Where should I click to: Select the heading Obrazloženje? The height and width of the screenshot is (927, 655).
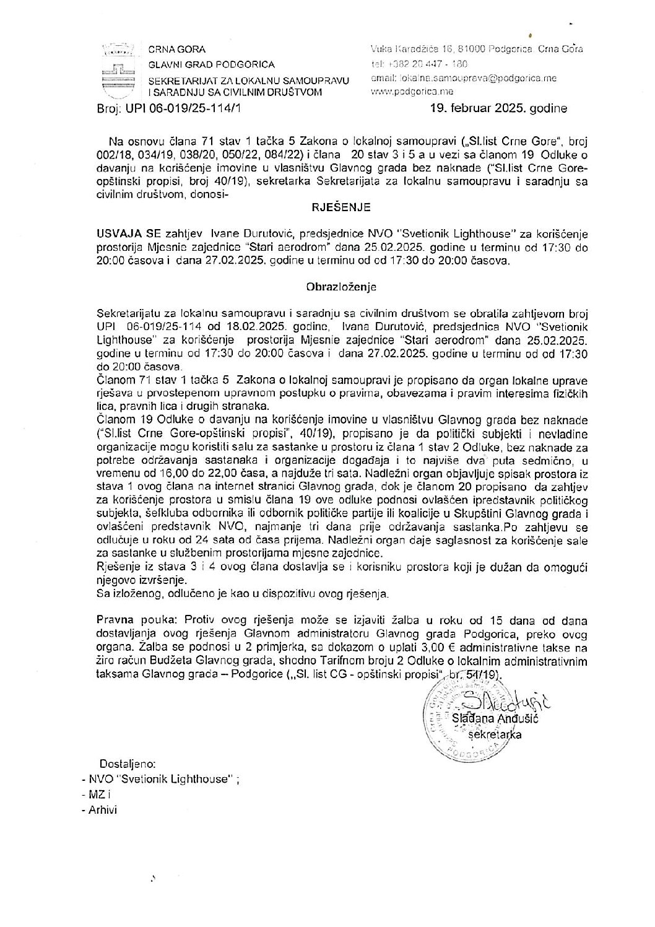pos(341,287)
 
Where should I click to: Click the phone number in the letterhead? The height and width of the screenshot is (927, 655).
pos(428,64)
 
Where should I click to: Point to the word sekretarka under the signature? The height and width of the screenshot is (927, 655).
pos(496,734)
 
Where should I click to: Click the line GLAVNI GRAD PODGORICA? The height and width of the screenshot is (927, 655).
pos(211,64)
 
